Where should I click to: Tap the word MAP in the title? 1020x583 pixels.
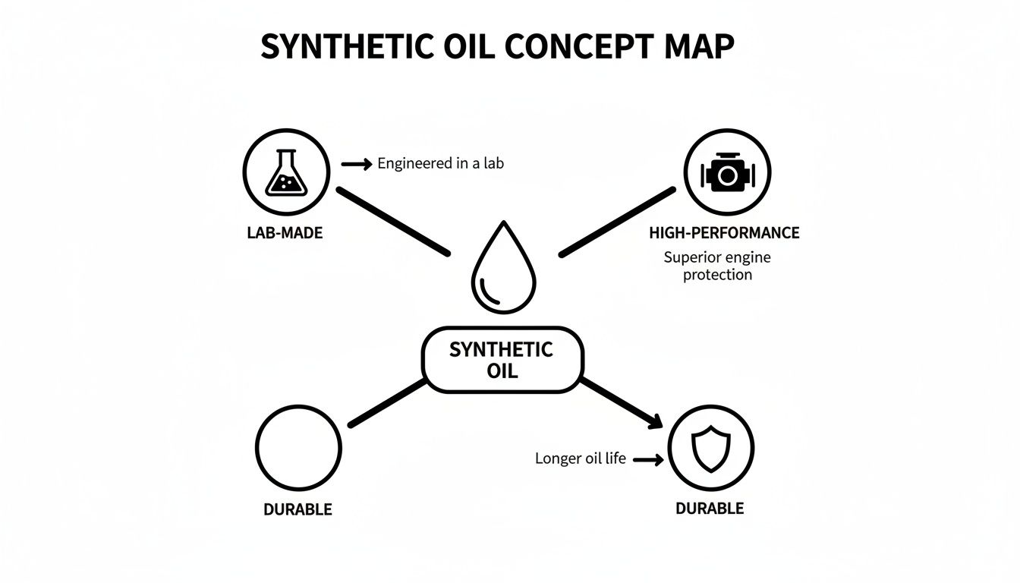tap(698, 47)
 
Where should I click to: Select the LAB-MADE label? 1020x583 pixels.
tap(285, 233)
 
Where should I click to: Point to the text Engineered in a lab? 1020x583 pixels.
tap(440, 163)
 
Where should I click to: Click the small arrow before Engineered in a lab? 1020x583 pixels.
tap(357, 163)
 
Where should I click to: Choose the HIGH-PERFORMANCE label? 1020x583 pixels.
tap(724, 233)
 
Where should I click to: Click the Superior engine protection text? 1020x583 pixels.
tap(717, 266)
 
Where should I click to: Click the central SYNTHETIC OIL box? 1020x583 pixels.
tap(502, 361)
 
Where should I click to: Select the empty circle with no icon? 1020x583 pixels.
tap(297, 448)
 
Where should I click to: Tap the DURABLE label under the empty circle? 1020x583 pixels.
tap(297, 509)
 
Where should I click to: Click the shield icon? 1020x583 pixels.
tap(710, 448)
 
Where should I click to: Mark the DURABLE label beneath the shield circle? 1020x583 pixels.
tap(710, 509)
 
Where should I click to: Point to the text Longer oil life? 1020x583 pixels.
tap(581, 459)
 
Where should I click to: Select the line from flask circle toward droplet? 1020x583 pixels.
tap(392, 221)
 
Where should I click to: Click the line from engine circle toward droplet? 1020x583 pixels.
tap(618, 221)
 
